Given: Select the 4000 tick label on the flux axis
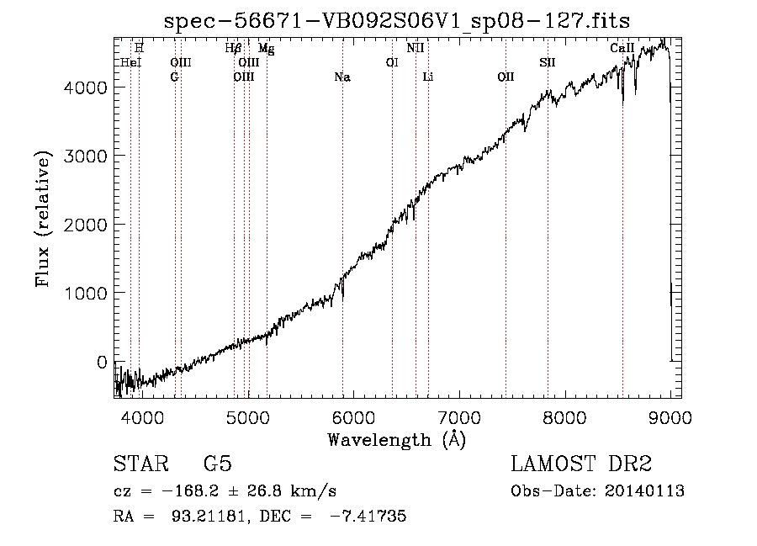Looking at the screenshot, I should tap(87, 87).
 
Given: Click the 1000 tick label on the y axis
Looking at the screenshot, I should tap(87, 293).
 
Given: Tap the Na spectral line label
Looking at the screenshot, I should tap(342, 77).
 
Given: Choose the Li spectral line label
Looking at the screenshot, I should tap(428, 77).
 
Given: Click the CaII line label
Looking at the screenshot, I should tap(622, 49).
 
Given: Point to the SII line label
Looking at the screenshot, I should tap(548, 63).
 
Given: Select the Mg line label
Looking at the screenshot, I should tap(266, 49).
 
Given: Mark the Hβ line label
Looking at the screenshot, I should tap(234, 49).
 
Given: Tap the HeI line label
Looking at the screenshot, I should tap(131, 63).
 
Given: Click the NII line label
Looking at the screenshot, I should tap(416, 49).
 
